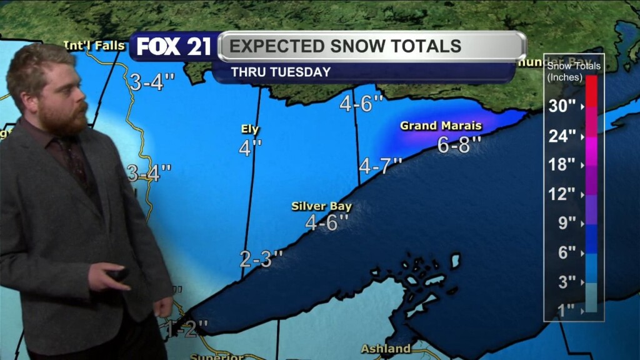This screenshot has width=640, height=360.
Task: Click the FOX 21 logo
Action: click(173, 46)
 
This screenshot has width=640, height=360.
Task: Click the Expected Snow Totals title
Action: click(345, 46)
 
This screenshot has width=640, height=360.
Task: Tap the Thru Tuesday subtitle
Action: click(281, 72)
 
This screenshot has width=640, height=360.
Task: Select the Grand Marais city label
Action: click(441, 126)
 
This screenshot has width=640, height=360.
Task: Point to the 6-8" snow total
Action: click(459, 145)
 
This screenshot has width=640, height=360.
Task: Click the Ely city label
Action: click(250, 129)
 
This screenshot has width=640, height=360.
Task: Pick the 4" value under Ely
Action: click(250, 148)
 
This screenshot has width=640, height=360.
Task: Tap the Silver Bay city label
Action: click(322, 206)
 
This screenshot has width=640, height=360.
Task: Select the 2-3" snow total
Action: click(261, 259)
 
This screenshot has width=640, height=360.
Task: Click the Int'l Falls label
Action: click(94, 45)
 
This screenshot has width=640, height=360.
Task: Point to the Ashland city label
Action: click(386, 349)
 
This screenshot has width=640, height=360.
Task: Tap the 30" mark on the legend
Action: click(562, 106)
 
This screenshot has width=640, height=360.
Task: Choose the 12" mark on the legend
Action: click(562, 194)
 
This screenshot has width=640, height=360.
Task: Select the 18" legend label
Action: click(562, 165)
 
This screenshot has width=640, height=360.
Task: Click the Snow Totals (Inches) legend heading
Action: click(573, 71)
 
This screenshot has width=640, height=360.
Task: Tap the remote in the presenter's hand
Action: click(117, 274)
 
